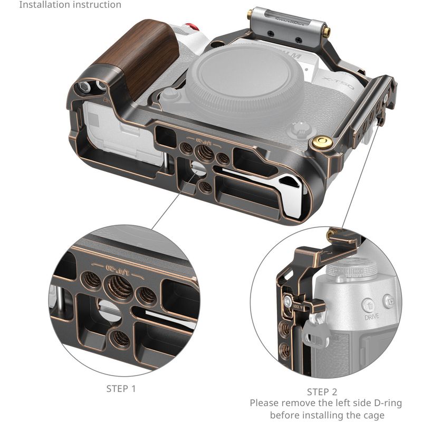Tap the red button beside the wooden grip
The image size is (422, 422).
[193, 27]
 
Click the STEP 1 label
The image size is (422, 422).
[121, 389]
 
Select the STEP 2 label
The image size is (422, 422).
[322, 392]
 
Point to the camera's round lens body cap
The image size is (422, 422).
[245, 81]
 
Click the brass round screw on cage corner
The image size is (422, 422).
[322, 141]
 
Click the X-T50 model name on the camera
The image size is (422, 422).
[338, 83]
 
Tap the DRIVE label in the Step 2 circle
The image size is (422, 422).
[371, 317]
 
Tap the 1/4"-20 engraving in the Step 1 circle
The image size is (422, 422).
[117, 269]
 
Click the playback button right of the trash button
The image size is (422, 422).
[389, 301]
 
